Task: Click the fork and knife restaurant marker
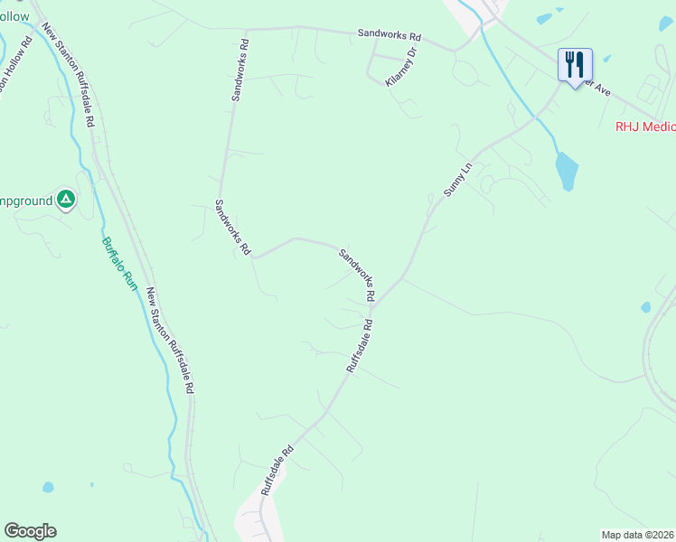575,65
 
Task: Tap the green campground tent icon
65,198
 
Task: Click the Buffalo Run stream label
118,262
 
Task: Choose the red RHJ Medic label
644,126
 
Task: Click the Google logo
30,531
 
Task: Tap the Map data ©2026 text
637,535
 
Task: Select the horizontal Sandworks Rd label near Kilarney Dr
390,35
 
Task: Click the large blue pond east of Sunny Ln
566,171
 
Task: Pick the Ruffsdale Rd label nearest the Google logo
277,470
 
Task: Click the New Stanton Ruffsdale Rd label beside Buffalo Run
170,340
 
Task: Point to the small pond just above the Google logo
48,487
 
